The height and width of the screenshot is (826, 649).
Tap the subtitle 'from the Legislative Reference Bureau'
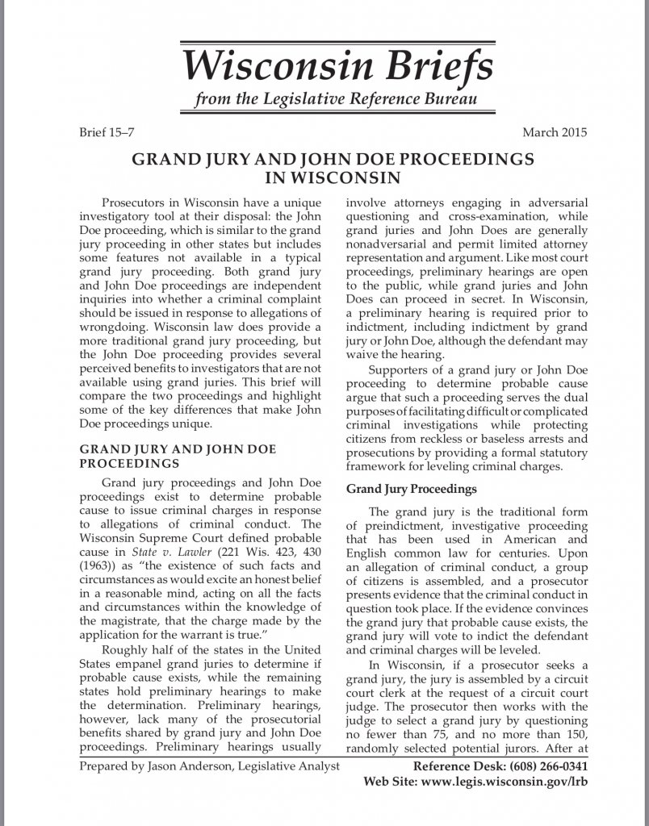(x=336, y=100)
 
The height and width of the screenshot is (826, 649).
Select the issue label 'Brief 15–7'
(x=105, y=132)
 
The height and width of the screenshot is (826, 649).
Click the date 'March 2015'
(x=555, y=132)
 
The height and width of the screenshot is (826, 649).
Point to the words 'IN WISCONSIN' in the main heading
(x=333, y=176)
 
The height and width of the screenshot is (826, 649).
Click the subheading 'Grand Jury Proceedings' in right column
(x=412, y=489)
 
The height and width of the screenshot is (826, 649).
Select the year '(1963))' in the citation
(x=98, y=565)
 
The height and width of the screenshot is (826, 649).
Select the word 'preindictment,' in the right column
(x=400, y=525)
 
